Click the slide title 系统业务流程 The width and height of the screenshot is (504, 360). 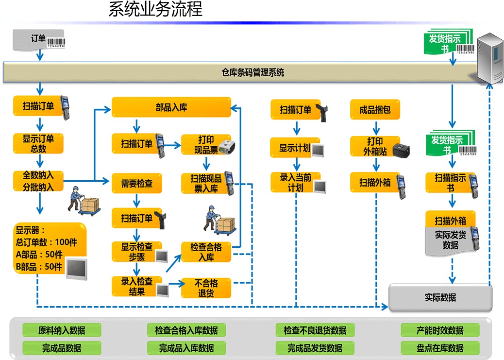155,9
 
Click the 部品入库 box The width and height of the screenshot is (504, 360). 171,107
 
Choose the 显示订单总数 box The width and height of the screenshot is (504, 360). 38,143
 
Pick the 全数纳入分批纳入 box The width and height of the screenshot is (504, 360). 38,181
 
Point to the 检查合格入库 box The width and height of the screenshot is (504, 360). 206,252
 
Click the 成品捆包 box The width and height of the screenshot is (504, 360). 375,110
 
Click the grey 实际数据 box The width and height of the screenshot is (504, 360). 440,297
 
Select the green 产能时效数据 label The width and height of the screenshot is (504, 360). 440,330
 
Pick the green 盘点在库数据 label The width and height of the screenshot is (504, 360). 440,348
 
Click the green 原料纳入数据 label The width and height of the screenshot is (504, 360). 62,330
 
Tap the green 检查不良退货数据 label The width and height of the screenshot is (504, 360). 315,330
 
